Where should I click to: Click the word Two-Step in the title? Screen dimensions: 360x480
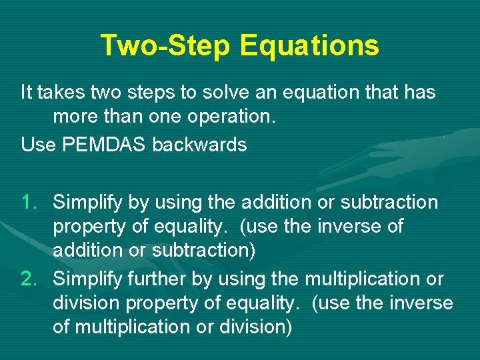click(x=165, y=46)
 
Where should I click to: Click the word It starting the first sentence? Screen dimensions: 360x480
click(x=26, y=93)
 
